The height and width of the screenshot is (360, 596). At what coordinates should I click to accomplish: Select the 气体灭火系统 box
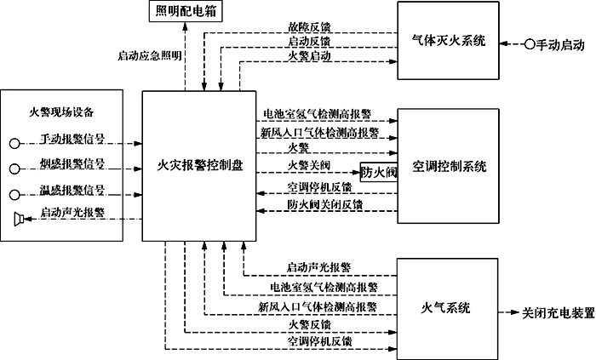tap(448, 41)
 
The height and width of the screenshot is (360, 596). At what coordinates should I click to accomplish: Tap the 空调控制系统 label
tap(448, 167)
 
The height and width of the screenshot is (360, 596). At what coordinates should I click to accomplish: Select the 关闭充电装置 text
tap(558, 312)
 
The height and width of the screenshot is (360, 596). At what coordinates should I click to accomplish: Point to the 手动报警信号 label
tap(72, 139)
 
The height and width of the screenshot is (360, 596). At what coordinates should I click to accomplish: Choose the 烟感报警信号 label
tap(72, 163)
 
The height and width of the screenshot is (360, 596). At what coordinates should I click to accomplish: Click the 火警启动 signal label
tap(309, 56)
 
